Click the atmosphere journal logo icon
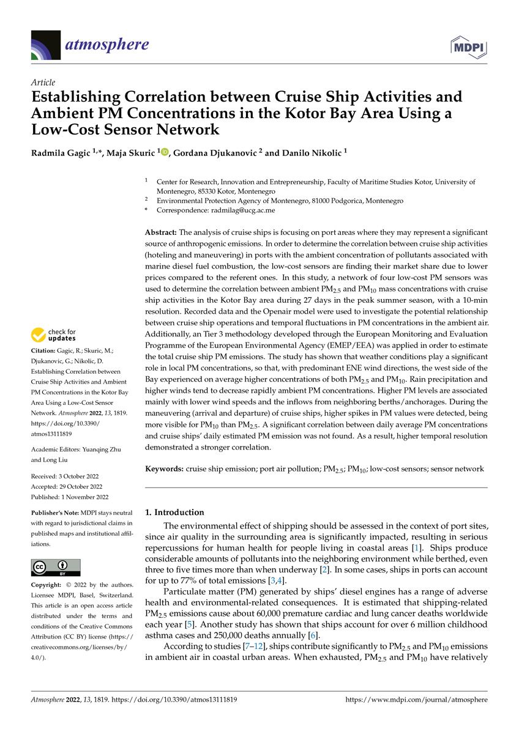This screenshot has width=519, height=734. [46, 45]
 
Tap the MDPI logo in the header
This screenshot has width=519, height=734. [469, 46]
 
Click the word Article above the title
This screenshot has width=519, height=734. [42, 83]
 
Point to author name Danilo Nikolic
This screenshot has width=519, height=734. [309, 152]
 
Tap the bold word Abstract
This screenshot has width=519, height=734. [160, 232]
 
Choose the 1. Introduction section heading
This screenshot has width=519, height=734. [174, 512]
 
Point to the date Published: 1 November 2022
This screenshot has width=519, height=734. [69, 497]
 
